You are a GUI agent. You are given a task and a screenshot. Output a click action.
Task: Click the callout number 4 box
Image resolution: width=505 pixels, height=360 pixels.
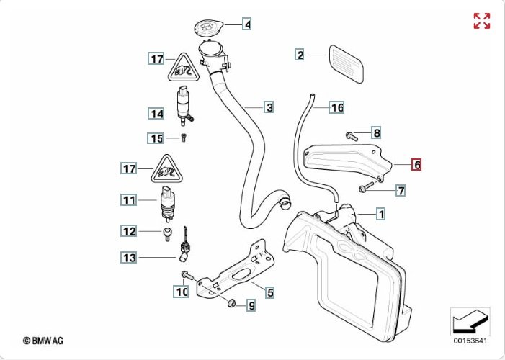[x=247, y=24]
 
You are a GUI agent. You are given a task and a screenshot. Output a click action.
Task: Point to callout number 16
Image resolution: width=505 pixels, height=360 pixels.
[x=337, y=108]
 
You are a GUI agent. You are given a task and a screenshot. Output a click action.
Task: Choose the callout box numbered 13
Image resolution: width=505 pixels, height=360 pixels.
[x=128, y=256]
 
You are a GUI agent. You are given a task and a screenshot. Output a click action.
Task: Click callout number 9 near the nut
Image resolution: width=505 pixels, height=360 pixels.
[x=251, y=306]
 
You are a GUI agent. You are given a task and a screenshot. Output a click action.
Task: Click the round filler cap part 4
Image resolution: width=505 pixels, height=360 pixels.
[x=206, y=28]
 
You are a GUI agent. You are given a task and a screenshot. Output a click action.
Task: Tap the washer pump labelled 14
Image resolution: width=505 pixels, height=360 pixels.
[x=185, y=104]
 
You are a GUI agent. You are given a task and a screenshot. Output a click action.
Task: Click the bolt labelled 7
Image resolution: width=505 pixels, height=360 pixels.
[x=365, y=189]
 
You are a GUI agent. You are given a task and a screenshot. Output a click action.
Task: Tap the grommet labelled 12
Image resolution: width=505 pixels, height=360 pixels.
[x=167, y=232]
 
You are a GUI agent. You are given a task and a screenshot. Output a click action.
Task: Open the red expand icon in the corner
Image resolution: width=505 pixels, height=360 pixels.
[x=481, y=21]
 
